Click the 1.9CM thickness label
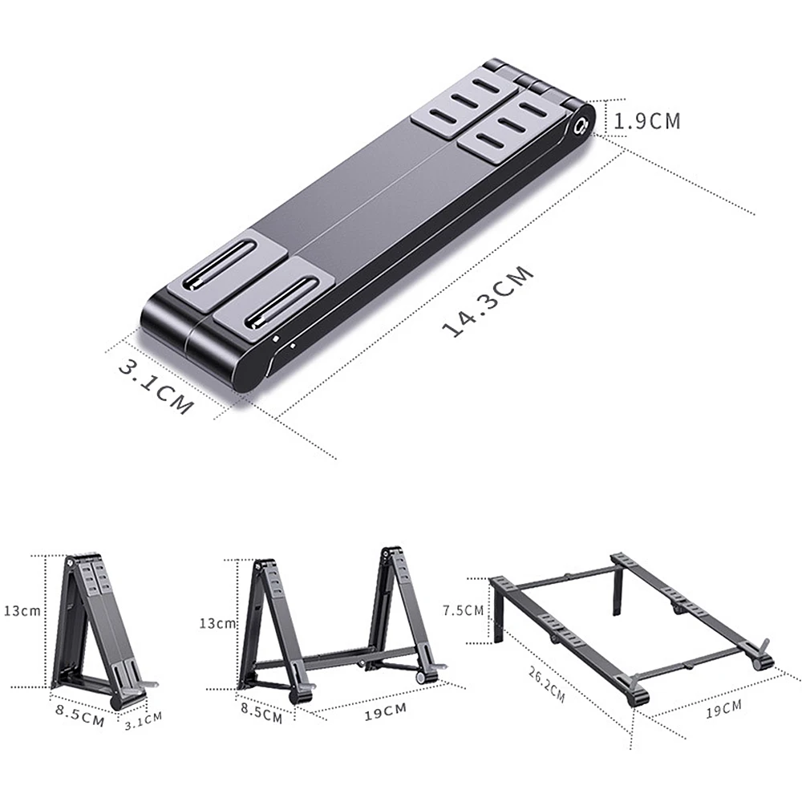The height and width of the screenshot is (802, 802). pos(647,121)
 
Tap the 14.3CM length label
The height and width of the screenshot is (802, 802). pos(488,302)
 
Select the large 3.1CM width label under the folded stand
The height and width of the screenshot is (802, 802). pos(156,387)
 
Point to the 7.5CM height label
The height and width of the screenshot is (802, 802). pos(463,610)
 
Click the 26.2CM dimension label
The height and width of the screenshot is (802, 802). pos(547,685)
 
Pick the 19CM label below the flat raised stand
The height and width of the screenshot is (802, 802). pos(723,710)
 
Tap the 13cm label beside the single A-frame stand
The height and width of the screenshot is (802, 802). pos(22,610)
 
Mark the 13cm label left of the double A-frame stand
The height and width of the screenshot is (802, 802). pos(217,623)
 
